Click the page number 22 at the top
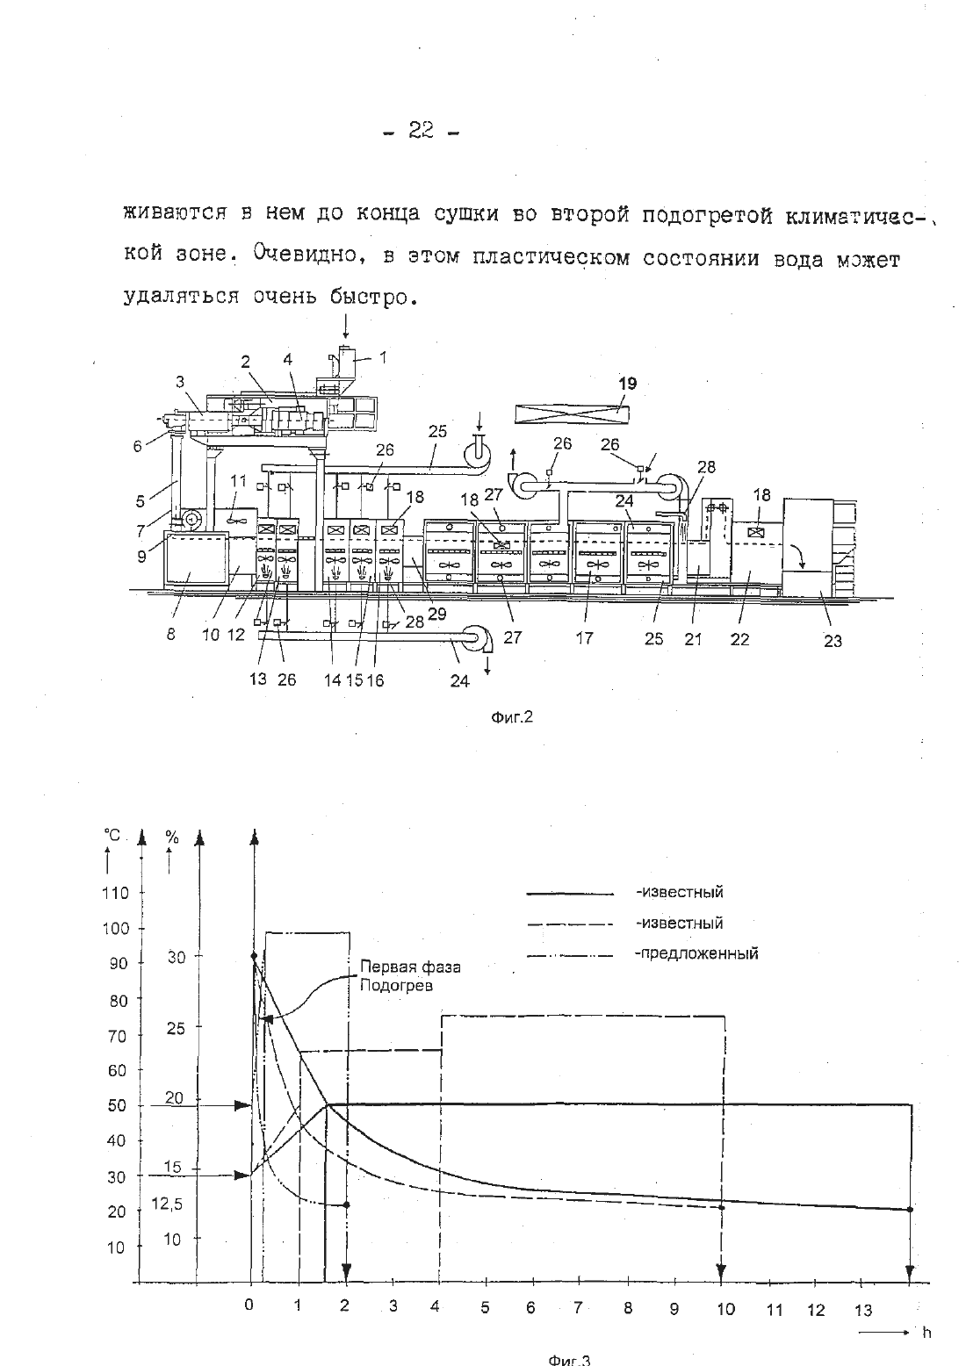(x=421, y=130)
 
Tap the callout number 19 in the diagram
(x=628, y=384)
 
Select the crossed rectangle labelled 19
(x=572, y=414)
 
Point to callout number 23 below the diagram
(x=833, y=641)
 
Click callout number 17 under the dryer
(x=584, y=638)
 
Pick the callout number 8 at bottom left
(x=170, y=634)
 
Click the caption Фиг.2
(x=512, y=717)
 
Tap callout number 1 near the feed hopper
(x=383, y=356)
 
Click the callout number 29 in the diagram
(x=436, y=614)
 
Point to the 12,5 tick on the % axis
(x=167, y=1204)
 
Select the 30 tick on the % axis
(x=177, y=958)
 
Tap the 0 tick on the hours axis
(x=249, y=1305)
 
